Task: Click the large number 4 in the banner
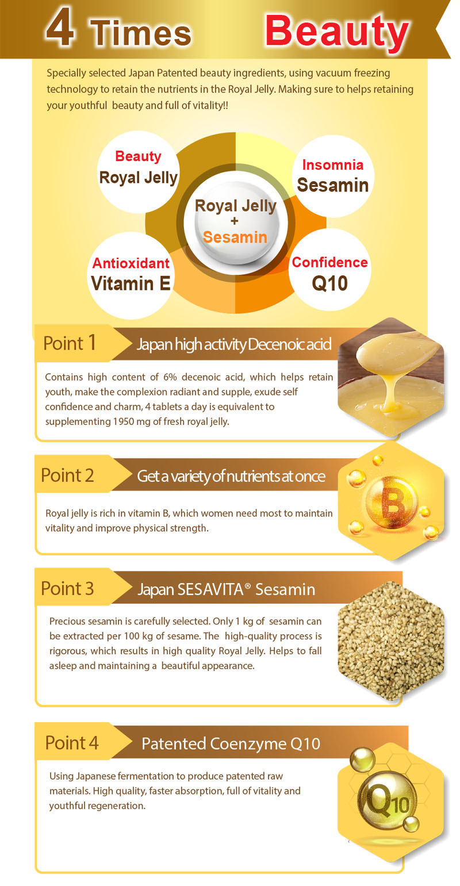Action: (x=60, y=28)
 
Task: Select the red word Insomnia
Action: (x=332, y=165)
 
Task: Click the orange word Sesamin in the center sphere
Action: (x=235, y=237)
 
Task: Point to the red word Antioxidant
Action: (x=131, y=263)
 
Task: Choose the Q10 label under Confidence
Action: (x=329, y=283)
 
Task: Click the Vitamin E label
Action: (x=131, y=283)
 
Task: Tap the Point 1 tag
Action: (x=70, y=343)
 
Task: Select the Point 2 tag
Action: (x=67, y=475)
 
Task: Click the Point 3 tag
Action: (x=67, y=588)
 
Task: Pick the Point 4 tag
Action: (x=72, y=742)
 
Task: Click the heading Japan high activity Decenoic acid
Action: (x=234, y=344)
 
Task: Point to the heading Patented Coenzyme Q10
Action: (x=231, y=743)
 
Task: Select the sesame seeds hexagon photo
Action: (x=391, y=640)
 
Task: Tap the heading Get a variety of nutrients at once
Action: (x=231, y=477)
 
